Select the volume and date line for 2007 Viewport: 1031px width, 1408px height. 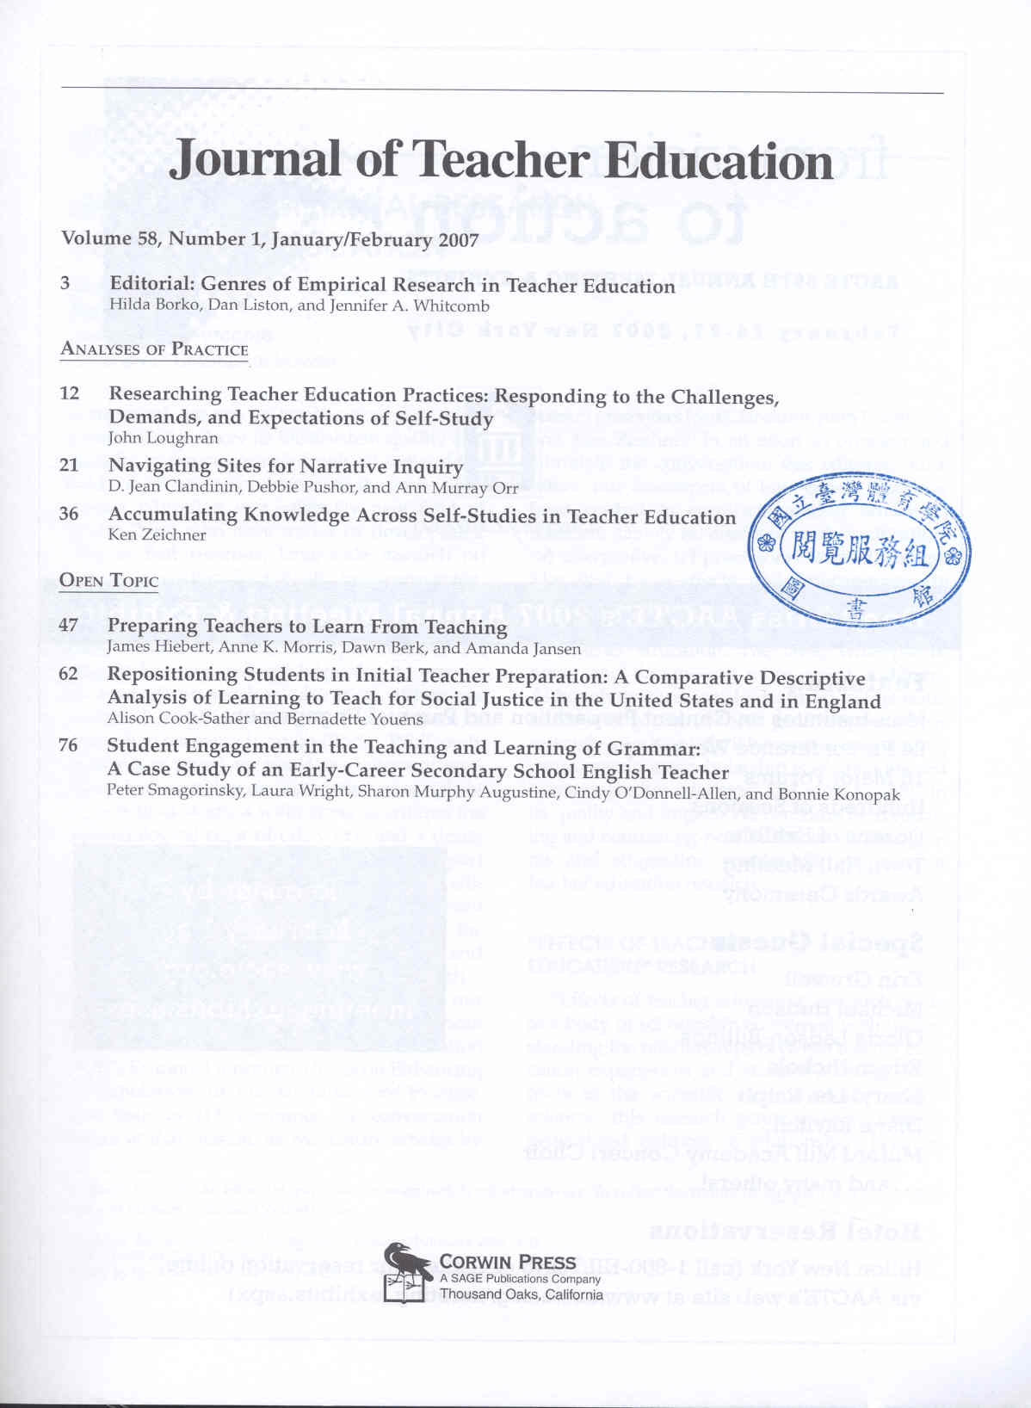tap(269, 239)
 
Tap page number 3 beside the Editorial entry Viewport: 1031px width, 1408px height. tap(65, 283)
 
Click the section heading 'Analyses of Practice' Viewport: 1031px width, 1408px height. tap(154, 349)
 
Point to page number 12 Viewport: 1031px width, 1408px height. tap(70, 393)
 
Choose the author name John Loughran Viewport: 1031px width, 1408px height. tap(164, 437)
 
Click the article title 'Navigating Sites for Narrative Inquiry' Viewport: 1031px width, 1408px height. tap(286, 466)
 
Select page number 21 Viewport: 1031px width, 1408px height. tap(69, 466)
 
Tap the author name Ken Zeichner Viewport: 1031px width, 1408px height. tap(157, 534)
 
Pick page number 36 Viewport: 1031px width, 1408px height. tap(69, 514)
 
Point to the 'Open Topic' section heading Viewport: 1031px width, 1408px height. tap(109, 580)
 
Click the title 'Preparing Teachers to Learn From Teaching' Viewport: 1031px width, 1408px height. tap(307, 627)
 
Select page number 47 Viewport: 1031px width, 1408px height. tap(69, 624)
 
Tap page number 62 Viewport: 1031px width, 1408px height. tap(69, 673)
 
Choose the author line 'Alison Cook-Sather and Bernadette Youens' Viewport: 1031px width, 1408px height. tap(265, 718)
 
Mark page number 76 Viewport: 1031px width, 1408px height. tap(69, 745)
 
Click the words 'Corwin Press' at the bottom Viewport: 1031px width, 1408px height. tap(508, 1262)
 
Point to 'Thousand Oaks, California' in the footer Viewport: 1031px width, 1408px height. tap(522, 1294)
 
